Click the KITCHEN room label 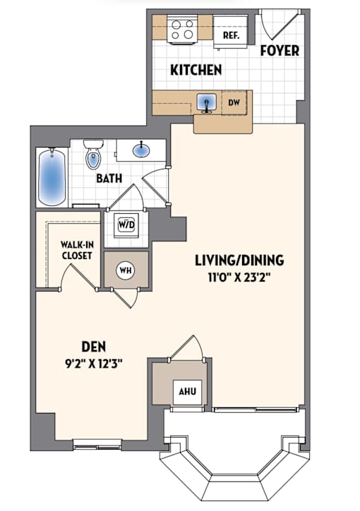(196, 70)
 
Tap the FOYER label (280, 51)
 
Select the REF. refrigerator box (231, 32)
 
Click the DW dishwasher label (234, 102)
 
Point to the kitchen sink (206, 102)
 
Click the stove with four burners (182, 30)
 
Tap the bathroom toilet (93, 154)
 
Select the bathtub (52, 177)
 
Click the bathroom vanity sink (142, 150)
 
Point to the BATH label (109, 179)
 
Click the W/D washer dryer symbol (126, 225)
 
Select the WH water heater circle (126, 270)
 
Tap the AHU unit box (188, 392)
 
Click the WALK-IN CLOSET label (77, 250)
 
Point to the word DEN (93, 347)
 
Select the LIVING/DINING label (239, 260)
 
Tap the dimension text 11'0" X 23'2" (239, 277)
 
